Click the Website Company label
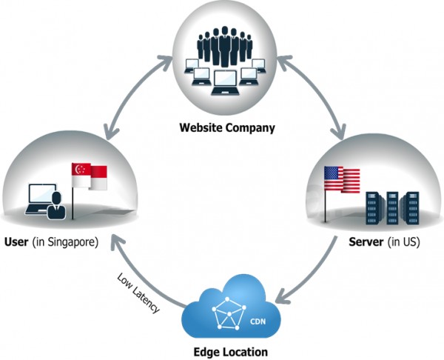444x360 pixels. [x=226, y=127]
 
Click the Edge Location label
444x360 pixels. [x=226, y=351]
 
